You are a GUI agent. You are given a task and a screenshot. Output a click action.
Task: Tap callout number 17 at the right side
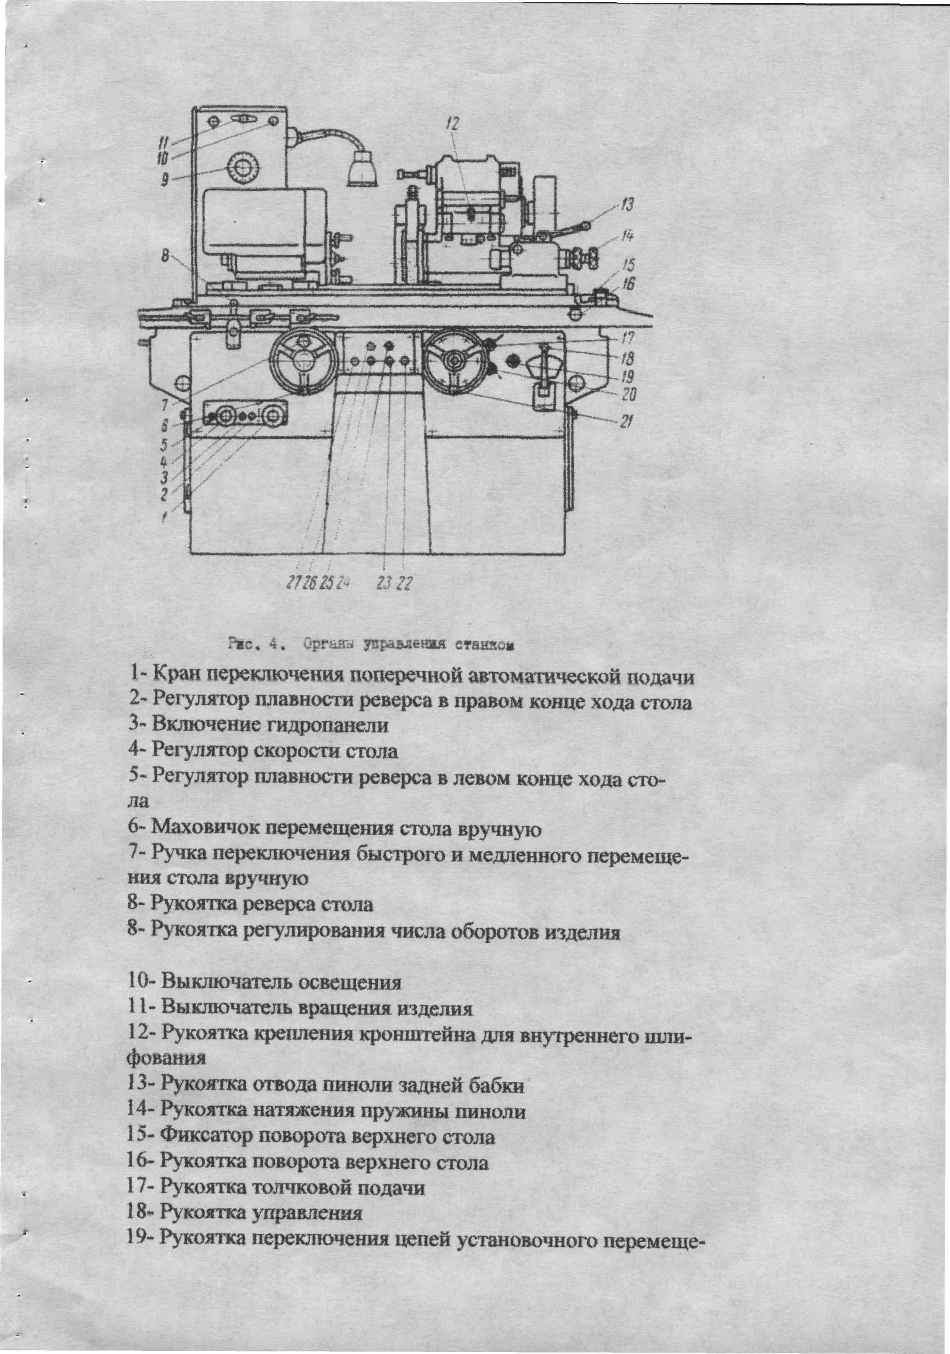point(627,338)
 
